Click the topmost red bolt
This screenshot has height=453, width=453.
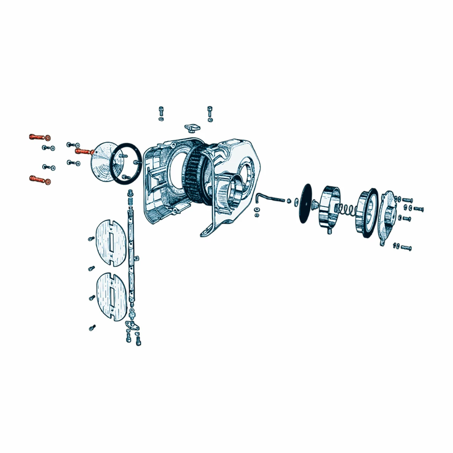coord(37,136)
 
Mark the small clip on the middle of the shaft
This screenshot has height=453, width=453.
coord(137,258)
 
